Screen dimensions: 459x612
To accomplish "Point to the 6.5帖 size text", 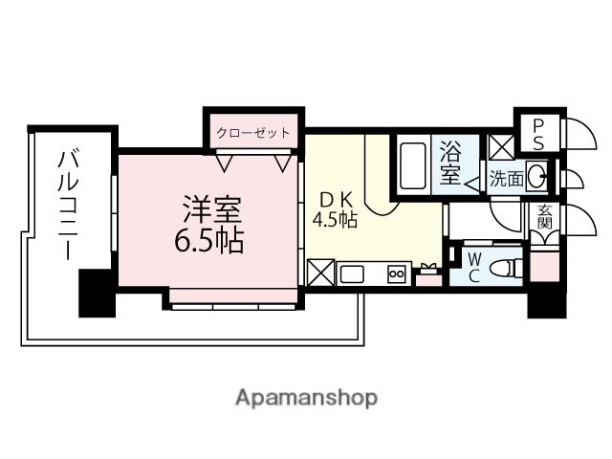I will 208,239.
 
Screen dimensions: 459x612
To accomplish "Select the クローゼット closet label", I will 252,132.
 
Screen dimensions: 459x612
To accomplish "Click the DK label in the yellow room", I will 336,200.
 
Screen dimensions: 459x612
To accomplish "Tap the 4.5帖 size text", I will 335,221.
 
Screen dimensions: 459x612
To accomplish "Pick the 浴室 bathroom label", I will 450,163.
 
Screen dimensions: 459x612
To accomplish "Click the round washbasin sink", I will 537,175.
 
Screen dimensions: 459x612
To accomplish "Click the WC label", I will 474,266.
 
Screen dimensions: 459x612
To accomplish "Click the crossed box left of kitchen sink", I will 320,274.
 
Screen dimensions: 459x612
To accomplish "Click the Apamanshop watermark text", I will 306,396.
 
